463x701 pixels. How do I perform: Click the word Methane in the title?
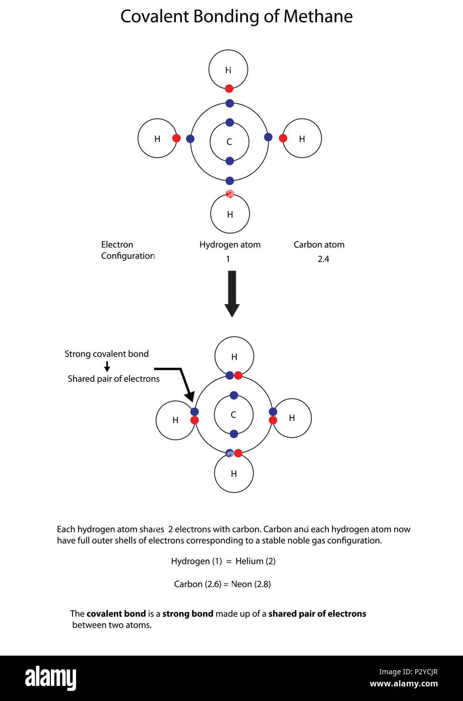tap(317, 17)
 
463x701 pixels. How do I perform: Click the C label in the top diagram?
tap(229, 142)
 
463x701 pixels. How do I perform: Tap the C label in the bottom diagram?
tap(233, 415)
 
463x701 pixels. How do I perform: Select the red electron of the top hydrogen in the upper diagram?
tap(229, 89)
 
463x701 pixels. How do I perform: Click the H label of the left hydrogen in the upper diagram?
tap(157, 139)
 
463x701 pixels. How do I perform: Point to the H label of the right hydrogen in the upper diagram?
tap(302, 139)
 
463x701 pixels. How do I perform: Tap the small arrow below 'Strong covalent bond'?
tap(107, 367)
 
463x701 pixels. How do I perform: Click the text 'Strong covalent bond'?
tap(106, 354)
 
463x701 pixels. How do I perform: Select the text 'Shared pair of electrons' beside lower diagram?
tap(113, 379)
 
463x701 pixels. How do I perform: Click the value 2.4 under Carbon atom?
tap(323, 260)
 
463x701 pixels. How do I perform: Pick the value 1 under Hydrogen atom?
tap(228, 260)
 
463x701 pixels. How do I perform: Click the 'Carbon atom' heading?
tap(319, 245)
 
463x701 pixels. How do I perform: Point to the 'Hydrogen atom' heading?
tap(230, 245)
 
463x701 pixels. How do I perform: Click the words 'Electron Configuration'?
tap(127, 250)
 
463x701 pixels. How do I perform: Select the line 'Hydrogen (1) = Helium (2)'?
tap(223, 561)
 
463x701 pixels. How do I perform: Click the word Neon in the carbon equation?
tap(241, 585)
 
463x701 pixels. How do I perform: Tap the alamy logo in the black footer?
tap(50, 678)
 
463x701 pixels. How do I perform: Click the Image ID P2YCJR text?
tap(408, 672)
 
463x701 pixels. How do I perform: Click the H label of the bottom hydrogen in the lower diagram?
tap(234, 474)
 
